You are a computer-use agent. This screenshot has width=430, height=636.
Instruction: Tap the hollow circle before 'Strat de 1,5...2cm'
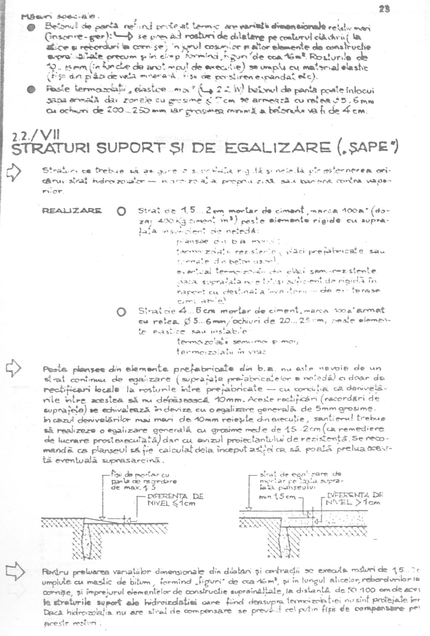121,212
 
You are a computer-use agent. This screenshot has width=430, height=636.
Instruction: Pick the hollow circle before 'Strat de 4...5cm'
121,312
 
